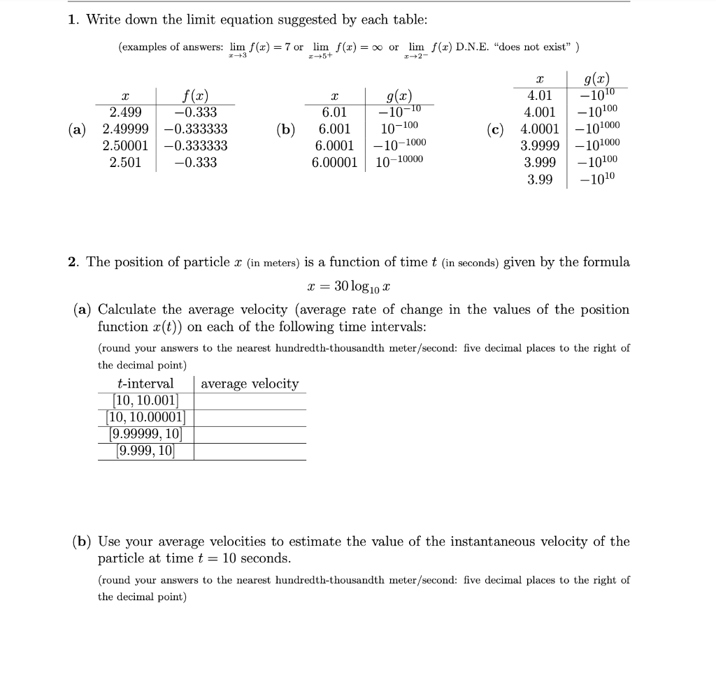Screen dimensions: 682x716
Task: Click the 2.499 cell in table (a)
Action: pyautogui.click(x=126, y=113)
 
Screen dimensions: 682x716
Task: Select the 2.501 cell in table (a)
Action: pyautogui.click(x=126, y=163)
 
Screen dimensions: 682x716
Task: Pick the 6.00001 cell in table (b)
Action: pyautogui.click(x=334, y=163)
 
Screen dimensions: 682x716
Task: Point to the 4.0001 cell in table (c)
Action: pyautogui.click(x=539, y=129)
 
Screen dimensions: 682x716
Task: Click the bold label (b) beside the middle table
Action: pyautogui.click(x=285, y=129)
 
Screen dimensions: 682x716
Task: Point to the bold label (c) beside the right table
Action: pyautogui.click(x=496, y=129)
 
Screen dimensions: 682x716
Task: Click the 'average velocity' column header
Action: pyautogui.click(x=250, y=384)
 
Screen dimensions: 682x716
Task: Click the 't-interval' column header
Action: pyautogui.click(x=146, y=384)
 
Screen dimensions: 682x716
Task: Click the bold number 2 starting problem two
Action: pyautogui.click(x=72, y=262)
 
